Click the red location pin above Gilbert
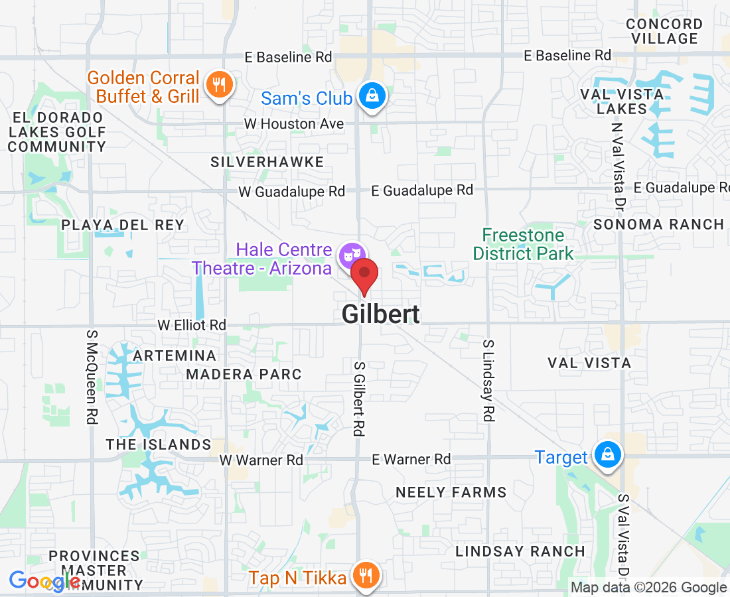(364, 275)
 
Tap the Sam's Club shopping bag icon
(373, 96)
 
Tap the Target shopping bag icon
(607, 455)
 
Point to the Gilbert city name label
(380, 314)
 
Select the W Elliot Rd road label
(192, 325)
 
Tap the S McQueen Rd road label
(92, 375)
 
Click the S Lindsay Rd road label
(488, 381)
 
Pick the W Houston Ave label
(294, 123)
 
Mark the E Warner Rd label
(411, 459)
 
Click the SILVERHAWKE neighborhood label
(267, 162)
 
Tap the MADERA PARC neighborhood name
(244, 374)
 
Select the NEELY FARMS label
(451, 492)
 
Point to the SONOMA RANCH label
(658, 224)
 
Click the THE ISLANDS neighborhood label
(159, 444)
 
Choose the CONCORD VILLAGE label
(664, 31)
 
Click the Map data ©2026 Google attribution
(649, 587)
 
